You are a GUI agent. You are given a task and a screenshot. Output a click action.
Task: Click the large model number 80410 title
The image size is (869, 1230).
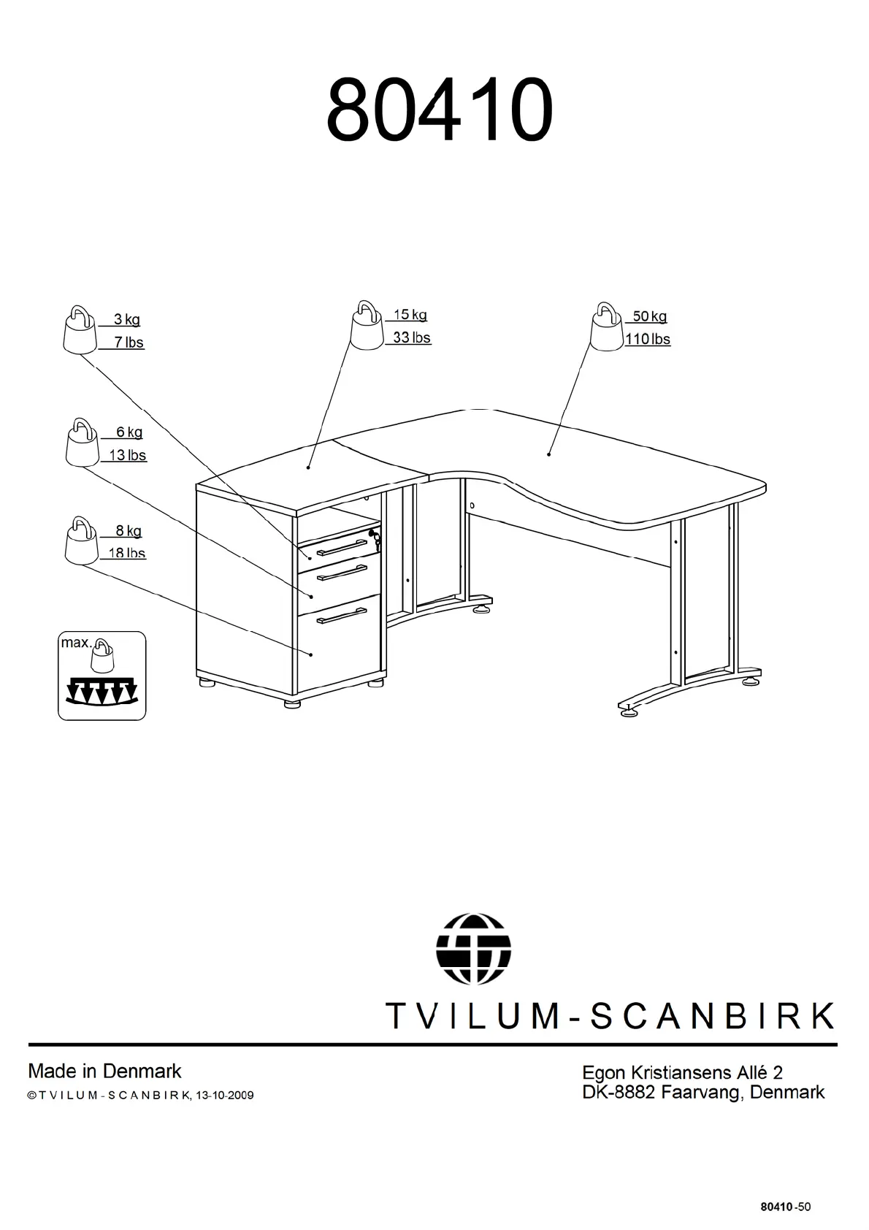[x=438, y=111]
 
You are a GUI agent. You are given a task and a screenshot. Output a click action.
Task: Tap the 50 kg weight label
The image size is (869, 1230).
[x=649, y=316]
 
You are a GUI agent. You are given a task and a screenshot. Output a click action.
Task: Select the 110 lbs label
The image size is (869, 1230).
[x=647, y=339]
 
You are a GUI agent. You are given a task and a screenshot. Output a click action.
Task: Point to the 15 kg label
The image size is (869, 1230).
[x=410, y=315]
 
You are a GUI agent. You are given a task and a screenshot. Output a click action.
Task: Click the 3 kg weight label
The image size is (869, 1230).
[x=127, y=319]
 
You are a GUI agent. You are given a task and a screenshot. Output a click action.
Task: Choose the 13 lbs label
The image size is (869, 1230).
[x=128, y=455]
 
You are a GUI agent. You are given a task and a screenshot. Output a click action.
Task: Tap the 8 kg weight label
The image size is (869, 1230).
[x=129, y=531]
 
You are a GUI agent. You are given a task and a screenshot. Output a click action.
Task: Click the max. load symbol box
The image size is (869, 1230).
[x=102, y=676]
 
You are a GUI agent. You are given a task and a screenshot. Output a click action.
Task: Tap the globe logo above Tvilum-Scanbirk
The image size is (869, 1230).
[x=473, y=948]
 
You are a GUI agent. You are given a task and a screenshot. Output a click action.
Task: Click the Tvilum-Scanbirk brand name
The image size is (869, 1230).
[x=609, y=1015]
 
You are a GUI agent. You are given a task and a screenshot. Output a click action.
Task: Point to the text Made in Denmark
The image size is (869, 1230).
[x=104, y=1072]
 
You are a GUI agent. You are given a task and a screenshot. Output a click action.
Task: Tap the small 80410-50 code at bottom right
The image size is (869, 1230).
[x=785, y=1207]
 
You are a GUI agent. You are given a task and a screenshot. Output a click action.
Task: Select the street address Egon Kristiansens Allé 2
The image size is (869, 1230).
[x=682, y=1072]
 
